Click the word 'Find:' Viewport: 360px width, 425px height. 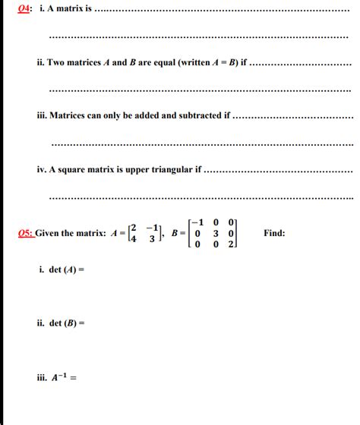274,233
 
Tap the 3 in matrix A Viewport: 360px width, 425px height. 152,239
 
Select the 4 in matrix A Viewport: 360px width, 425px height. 134,239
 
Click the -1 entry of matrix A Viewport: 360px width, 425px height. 151,228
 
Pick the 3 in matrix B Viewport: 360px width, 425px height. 215,233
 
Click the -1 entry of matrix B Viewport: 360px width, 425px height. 198,222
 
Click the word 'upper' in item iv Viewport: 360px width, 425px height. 128,169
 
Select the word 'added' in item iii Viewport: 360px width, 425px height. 146,116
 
